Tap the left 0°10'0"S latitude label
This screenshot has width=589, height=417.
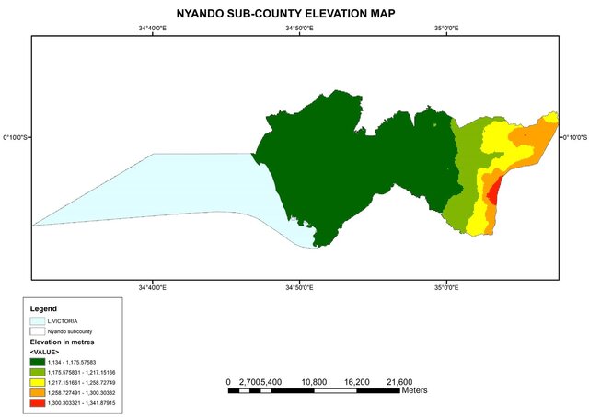[16, 137]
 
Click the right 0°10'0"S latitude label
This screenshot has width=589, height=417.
[572, 137]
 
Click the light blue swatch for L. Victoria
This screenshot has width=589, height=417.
[38, 321]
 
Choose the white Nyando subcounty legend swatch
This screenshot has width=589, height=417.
[38, 330]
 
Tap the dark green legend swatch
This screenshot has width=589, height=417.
[38, 363]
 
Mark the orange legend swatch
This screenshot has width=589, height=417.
[38, 393]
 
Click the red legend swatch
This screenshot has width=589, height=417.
[38, 403]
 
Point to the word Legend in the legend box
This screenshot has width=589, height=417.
[43, 308]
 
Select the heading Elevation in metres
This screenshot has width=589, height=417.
[64, 342]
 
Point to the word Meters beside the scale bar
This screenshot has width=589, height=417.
[413, 390]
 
